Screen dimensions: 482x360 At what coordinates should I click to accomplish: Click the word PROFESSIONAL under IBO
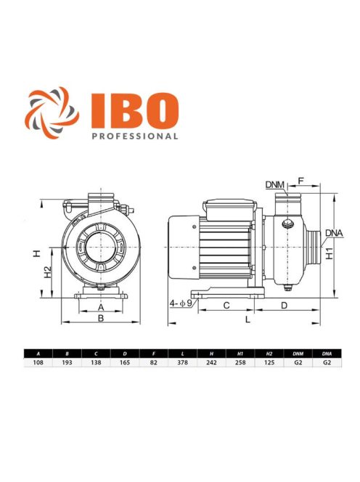(x=135, y=135)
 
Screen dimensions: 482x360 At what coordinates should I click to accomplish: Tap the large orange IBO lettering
(x=135, y=109)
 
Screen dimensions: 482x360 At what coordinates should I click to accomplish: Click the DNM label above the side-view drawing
(x=274, y=186)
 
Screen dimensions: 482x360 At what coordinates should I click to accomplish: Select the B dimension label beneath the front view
(x=101, y=317)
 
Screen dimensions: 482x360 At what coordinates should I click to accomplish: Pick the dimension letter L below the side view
(x=247, y=319)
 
